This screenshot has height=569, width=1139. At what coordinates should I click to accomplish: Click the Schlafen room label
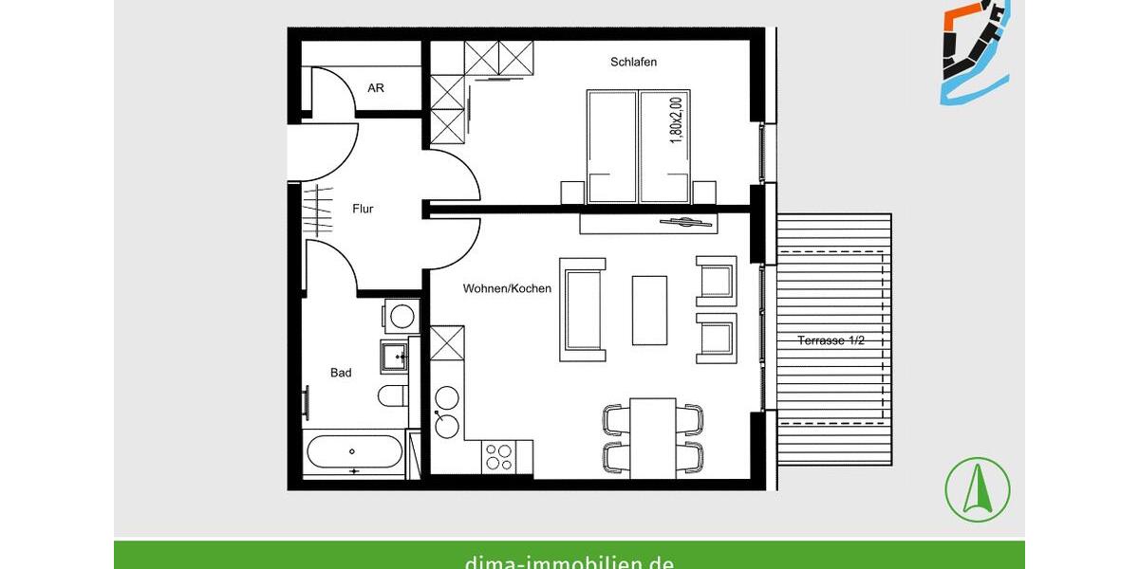(634, 63)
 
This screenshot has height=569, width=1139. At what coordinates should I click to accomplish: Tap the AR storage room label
(376, 88)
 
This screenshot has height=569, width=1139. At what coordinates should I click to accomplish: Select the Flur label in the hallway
(362, 209)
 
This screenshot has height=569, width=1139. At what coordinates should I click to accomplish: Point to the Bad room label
(341, 373)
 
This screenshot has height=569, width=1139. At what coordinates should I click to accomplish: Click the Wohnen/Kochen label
(507, 288)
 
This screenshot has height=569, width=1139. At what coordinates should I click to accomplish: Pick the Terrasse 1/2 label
(831, 340)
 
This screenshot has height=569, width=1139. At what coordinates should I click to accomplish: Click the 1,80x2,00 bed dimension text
(676, 120)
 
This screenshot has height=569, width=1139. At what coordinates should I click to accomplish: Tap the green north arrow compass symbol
(978, 489)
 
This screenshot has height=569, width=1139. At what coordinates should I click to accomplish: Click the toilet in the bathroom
(392, 395)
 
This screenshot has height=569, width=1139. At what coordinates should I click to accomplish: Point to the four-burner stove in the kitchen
(498, 458)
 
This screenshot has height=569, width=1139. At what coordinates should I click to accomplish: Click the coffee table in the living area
(649, 310)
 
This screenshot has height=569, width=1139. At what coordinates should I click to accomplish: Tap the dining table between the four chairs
(653, 437)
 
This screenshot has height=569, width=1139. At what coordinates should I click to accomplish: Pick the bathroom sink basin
(393, 357)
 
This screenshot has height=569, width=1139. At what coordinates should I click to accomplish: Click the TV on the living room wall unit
(687, 222)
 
